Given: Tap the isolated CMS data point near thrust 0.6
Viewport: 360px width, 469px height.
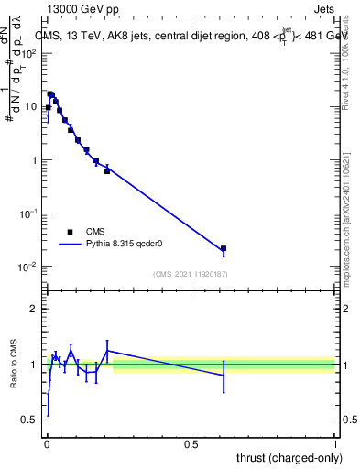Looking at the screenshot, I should [x=224, y=248].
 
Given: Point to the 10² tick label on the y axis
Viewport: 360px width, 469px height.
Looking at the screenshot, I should [x=29, y=53].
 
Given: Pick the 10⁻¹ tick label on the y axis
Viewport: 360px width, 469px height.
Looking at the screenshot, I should [x=28, y=213].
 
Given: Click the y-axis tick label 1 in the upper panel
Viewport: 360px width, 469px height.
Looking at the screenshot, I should [x=35, y=160].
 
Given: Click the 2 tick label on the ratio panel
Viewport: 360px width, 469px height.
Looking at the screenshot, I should [x=34, y=310].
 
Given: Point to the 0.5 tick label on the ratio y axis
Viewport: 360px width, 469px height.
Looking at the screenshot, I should [x=29, y=420].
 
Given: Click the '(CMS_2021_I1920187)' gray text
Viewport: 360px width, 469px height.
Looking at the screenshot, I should [x=191, y=274].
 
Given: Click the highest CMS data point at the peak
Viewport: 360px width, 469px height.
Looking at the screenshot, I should [x=50, y=94].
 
